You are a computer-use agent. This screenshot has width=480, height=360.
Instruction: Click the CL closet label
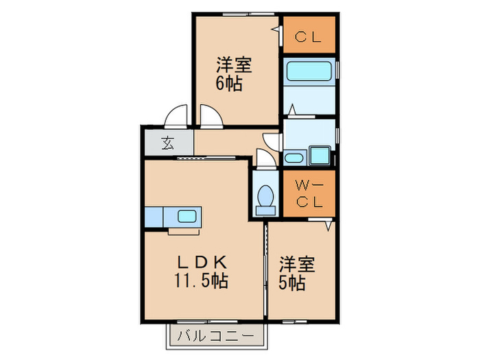click(x=309, y=38)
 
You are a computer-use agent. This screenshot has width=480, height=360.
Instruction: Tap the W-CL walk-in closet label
click(x=309, y=193)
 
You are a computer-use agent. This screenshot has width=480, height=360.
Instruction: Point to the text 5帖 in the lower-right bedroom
click(x=292, y=283)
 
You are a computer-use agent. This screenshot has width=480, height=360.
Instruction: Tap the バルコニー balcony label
click(x=216, y=336)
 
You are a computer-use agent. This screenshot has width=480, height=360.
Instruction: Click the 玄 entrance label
click(x=168, y=144)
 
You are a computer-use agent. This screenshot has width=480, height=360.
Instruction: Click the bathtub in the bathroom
click(x=309, y=72)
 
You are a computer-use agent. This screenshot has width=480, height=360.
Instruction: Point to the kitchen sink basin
click(x=188, y=216)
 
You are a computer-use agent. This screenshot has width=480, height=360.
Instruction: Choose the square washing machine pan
click(x=319, y=155)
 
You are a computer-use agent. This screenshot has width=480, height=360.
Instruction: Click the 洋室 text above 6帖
click(x=234, y=66)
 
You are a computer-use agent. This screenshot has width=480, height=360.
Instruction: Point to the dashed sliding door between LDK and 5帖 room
click(x=266, y=267)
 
